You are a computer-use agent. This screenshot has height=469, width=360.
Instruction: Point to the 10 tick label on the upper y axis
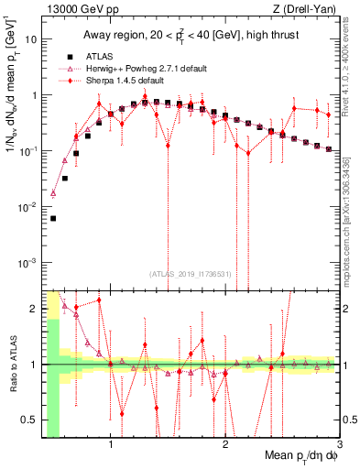point(30,40)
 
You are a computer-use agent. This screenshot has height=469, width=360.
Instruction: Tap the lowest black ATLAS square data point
point(53,218)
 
